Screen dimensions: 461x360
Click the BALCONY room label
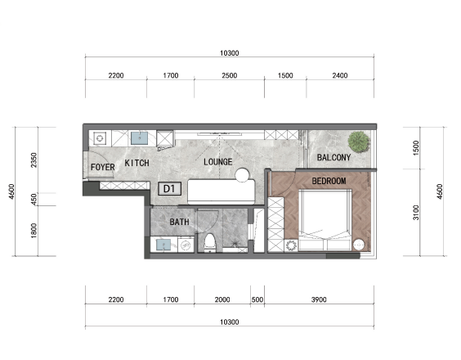coord(333,157)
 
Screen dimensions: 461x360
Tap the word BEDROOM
coord(329,181)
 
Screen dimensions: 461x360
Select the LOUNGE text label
coord(218,162)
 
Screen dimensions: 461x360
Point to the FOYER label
coord(103,167)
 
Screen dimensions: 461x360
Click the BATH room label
coord(179,222)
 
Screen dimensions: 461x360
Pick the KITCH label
coord(137,163)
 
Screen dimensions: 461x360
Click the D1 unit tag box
coord(169,189)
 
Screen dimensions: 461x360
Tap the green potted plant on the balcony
coord(359,142)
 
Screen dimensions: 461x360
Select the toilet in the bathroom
coord(210,242)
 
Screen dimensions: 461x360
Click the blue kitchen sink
coord(139,138)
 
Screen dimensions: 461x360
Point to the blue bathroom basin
coord(163,245)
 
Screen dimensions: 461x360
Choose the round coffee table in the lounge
coord(242,175)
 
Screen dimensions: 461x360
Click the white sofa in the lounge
coord(221,191)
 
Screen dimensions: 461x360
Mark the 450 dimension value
coord(34,200)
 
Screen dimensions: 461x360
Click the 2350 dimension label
coord(34,160)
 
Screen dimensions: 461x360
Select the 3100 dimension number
coord(416,212)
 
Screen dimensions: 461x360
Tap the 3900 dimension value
coord(319,299)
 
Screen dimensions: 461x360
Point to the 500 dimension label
coord(257,299)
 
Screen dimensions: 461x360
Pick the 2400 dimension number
coord(340,75)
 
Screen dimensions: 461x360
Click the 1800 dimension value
coord(34,231)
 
